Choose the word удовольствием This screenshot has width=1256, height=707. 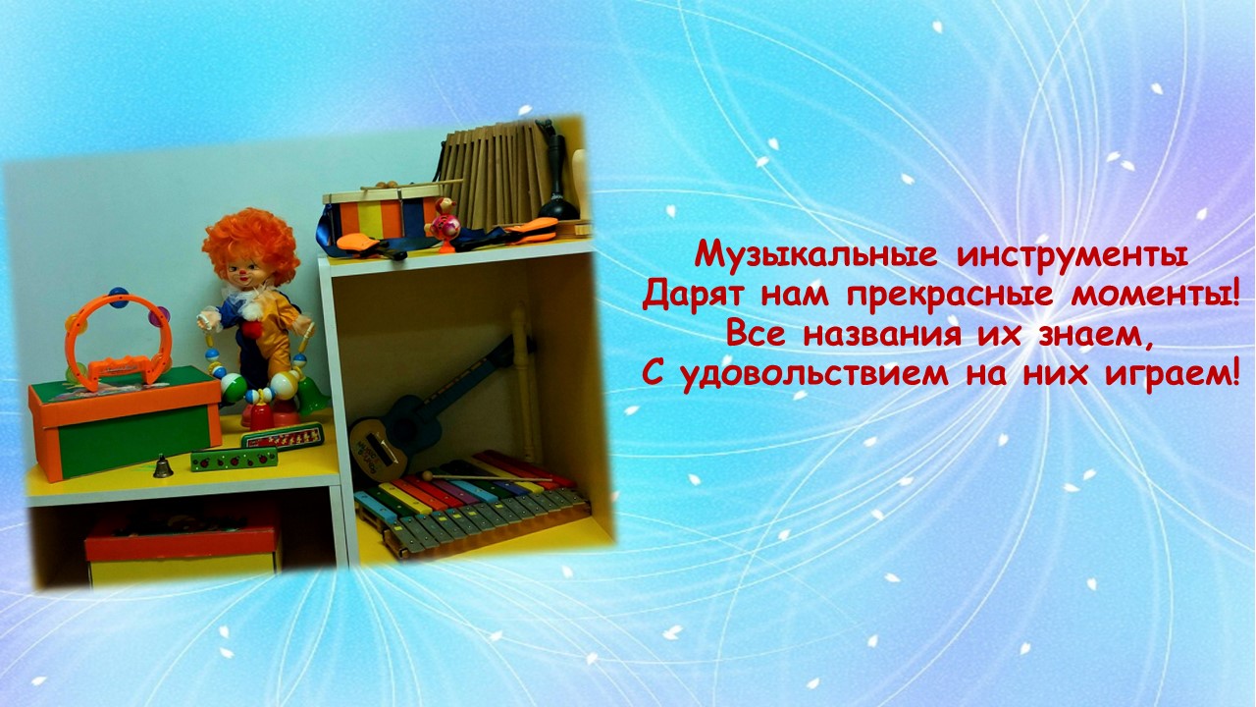click(x=814, y=375)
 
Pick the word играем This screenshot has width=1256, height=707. click(x=1171, y=375)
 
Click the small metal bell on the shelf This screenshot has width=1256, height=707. click(x=163, y=465)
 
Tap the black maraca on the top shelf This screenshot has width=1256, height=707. click(x=556, y=180)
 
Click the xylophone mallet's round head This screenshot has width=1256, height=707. click(x=427, y=476)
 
